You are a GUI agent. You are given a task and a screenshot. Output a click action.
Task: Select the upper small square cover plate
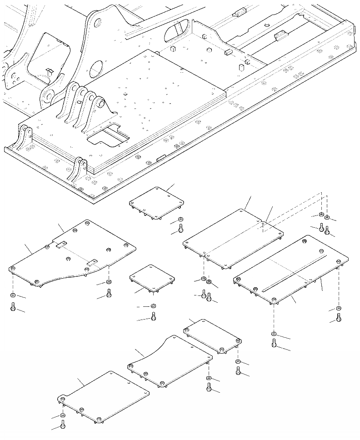point(157,202)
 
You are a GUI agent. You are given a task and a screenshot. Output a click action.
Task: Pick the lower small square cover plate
point(152,278)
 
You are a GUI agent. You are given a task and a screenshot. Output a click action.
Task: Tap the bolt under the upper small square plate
point(180,227)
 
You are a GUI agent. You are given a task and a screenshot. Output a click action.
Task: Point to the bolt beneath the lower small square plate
point(154,316)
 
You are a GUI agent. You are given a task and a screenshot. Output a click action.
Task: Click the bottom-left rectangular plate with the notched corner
point(105,395)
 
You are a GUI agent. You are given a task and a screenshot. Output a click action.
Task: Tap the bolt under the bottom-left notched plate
point(63,425)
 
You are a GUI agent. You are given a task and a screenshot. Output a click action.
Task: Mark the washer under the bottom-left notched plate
point(63,415)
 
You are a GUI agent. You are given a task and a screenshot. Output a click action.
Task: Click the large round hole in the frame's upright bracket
point(96,70)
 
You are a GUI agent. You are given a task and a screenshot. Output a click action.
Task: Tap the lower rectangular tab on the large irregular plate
point(92,262)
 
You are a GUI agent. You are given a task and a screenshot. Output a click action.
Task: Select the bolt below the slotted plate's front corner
point(274,344)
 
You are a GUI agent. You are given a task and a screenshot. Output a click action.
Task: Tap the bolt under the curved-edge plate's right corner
point(208,387)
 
